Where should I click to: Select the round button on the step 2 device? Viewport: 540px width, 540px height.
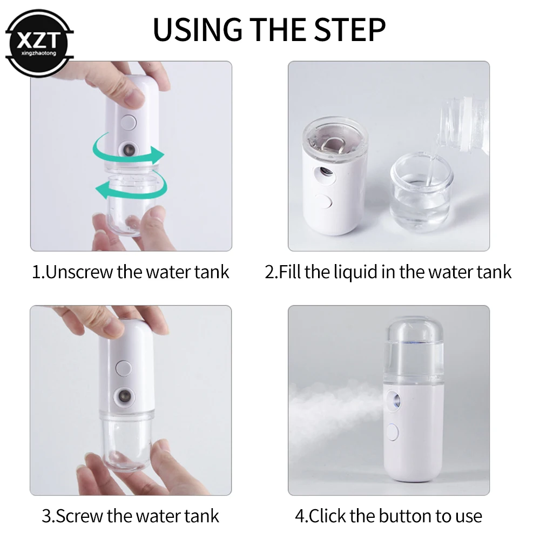click(324, 203)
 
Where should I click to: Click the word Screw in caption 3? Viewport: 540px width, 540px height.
click(80, 515)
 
